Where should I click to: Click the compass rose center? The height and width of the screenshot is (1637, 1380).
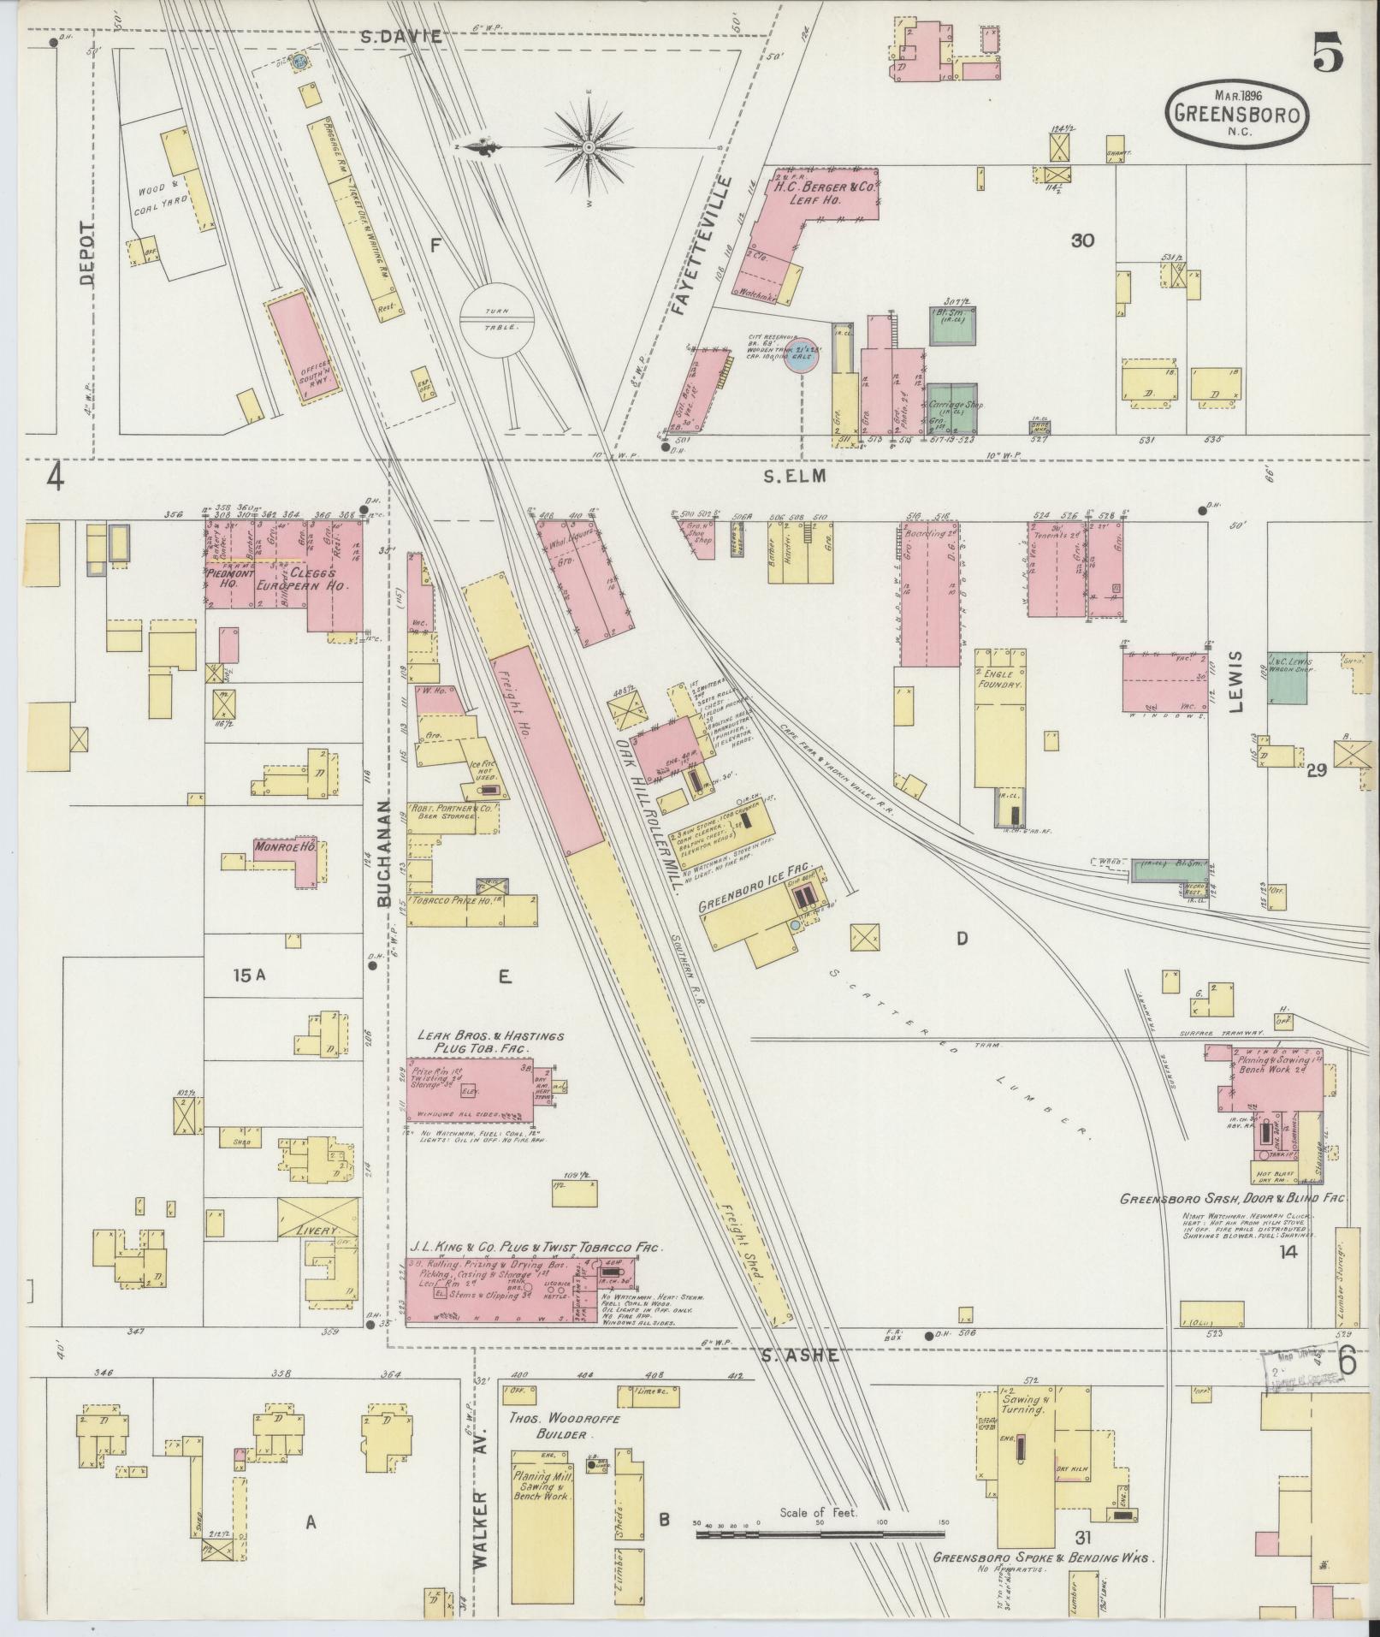tap(589, 148)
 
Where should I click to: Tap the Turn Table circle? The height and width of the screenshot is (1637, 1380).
tap(497, 319)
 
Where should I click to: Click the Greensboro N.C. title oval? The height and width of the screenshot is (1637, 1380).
tap(1236, 116)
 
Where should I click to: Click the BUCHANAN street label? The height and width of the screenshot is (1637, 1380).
tap(383, 855)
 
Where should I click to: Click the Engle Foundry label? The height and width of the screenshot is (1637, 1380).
tap(1004, 679)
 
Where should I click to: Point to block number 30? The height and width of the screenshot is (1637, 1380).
tap(1082, 241)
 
